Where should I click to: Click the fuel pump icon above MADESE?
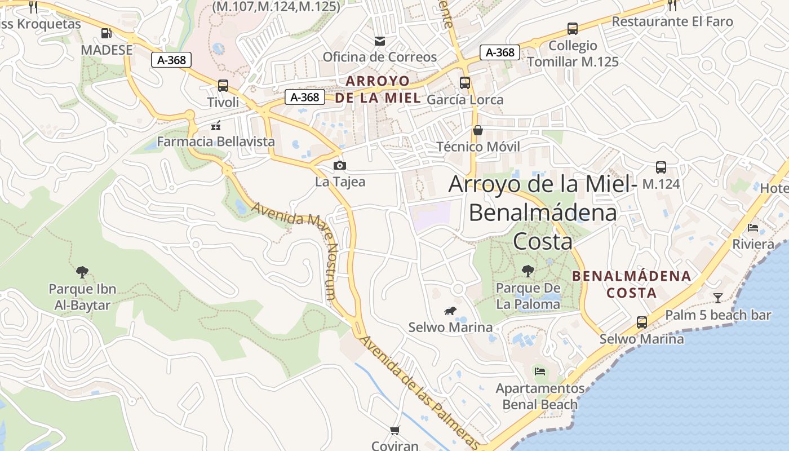(x=106, y=33)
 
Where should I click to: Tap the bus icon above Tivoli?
(x=223, y=86)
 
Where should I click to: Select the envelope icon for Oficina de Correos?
(x=380, y=41)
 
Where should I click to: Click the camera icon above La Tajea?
(x=339, y=165)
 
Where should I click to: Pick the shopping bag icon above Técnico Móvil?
(x=477, y=130)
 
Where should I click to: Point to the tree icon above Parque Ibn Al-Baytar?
(x=82, y=272)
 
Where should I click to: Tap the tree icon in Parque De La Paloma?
(x=528, y=271)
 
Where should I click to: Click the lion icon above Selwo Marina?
(x=450, y=311)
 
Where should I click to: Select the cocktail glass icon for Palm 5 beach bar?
(x=717, y=298)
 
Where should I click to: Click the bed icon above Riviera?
(x=752, y=228)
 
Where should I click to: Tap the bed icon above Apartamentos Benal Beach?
(x=539, y=372)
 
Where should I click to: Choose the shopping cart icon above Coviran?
(x=394, y=430)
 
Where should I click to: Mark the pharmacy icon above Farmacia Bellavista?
(x=215, y=126)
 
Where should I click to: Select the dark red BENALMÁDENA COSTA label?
(x=631, y=284)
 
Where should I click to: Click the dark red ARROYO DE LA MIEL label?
(x=378, y=89)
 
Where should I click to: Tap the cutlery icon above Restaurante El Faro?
(x=672, y=6)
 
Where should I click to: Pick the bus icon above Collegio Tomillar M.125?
(x=572, y=29)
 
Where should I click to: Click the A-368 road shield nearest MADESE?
(x=171, y=60)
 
